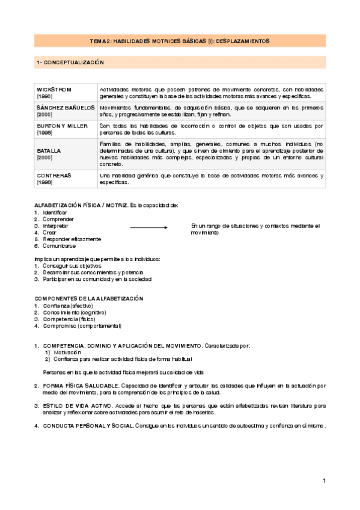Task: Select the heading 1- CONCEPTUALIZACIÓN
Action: (70, 62)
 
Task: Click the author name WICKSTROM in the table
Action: (54, 89)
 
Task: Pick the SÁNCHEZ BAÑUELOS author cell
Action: (65, 106)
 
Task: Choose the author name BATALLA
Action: (49, 150)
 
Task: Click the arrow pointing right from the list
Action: (148, 227)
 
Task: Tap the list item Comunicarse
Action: (59, 246)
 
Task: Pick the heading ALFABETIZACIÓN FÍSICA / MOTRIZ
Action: (80, 205)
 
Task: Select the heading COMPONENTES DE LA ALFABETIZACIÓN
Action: (89, 298)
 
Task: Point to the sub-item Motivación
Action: (67, 352)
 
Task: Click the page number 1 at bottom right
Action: (324, 481)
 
